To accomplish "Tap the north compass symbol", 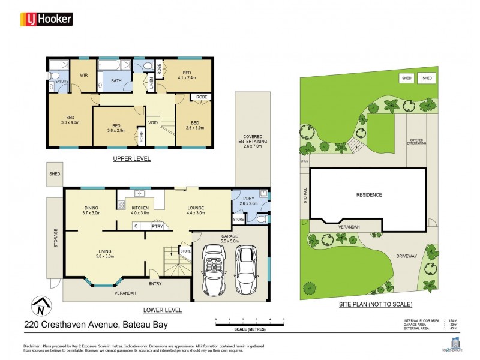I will (x=40, y=307).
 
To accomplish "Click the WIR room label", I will (x=84, y=75).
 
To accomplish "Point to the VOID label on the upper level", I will (x=153, y=122).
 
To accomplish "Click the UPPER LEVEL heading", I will (x=131, y=159).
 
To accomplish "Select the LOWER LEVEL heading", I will (x=163, y=310).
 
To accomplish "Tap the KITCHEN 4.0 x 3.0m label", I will (x=136, y=210).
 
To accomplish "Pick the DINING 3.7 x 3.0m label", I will (x=92, y=210).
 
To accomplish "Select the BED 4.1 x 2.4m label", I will (x=187, y=74).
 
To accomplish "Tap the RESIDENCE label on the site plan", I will (x=368, y=195).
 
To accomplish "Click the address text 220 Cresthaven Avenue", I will (x=95, y=325).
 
